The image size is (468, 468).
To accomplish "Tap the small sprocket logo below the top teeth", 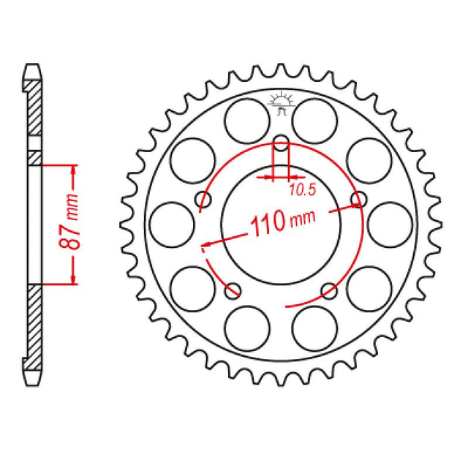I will click(x=282, y=103).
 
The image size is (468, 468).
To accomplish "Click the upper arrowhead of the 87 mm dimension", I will click(x=73, y=170).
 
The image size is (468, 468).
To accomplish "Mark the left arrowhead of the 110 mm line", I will click(x=208, y=245).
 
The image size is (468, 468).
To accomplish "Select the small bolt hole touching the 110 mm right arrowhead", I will click(x=358, y=199).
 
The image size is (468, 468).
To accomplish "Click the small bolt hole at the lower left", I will click(x=234, y=288).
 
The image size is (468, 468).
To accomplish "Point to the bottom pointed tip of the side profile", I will click(x=31, y=383).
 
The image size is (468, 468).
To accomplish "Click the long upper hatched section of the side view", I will click(x=34, y=110).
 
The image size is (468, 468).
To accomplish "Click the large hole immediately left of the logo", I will click(x=246, y=121).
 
